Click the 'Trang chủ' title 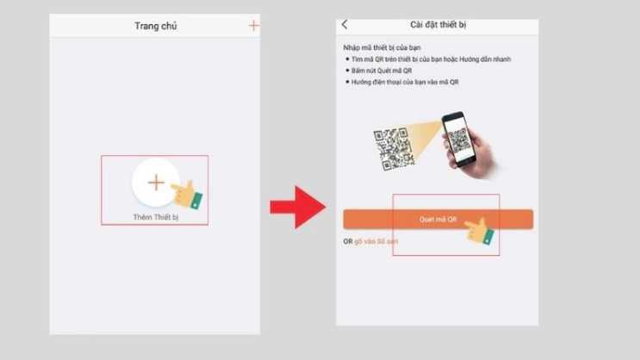155,26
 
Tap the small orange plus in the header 253,26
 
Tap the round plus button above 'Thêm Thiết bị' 155,183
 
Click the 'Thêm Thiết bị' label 155,217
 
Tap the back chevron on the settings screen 345,25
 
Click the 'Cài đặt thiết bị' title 438,26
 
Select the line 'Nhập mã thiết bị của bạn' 376,47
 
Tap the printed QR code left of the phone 393,146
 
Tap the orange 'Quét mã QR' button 438,219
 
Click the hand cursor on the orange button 481,231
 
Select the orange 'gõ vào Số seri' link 376,241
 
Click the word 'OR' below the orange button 348,241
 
